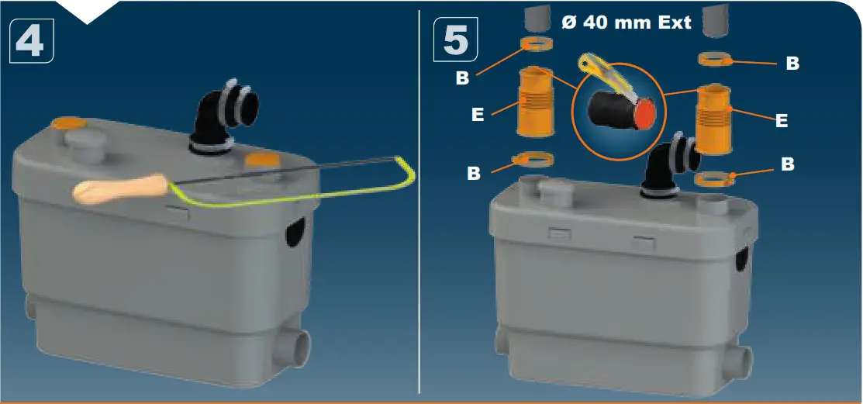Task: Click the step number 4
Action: (32, 41)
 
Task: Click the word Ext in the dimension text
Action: (665, 22)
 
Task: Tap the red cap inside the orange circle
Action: (645, 116)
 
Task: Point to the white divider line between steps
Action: (419, 233)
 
